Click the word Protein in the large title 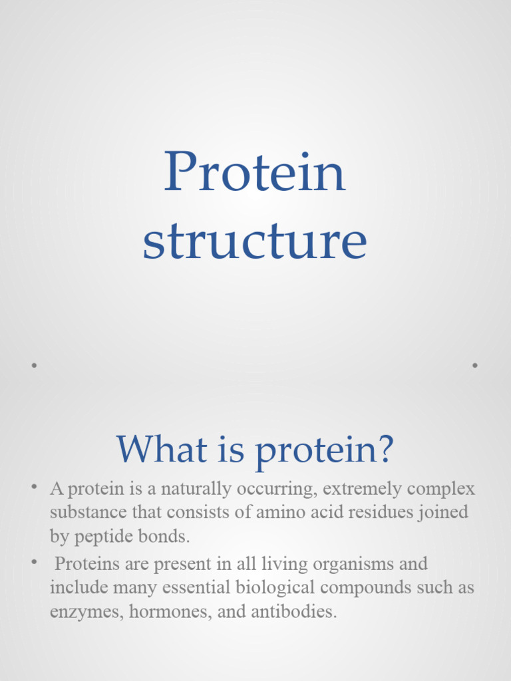(x=255, y=172)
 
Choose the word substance (x=84, y=513)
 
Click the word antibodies (x=295, y=612)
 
